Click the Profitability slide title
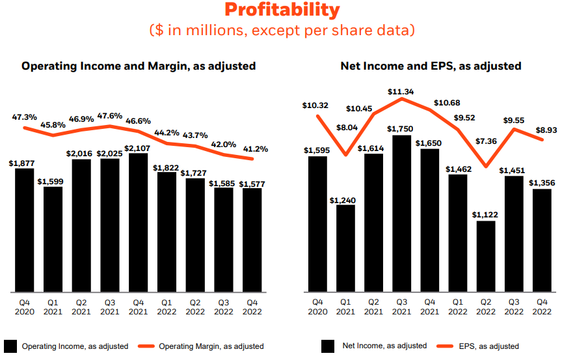[282, 10]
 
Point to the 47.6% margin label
[109, 116]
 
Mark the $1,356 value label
[542, 182]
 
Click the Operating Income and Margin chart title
[139, 66]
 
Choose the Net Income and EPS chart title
[431, 66]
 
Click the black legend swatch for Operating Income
[10, 346]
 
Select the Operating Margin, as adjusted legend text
[211, 346]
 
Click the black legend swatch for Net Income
[328, 346]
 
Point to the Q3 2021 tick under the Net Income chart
[401, 307]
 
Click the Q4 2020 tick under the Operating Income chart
[25, 307]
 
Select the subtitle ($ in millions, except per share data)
[282, 31]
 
